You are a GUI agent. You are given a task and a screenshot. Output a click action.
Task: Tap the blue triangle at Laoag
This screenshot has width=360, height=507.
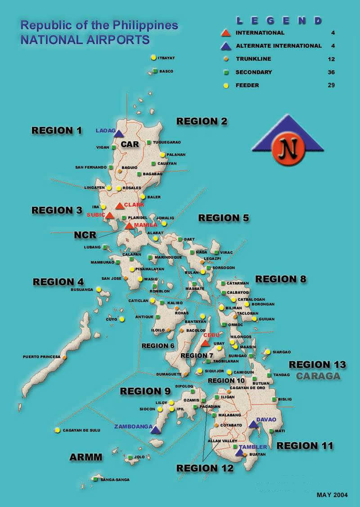point(118,134)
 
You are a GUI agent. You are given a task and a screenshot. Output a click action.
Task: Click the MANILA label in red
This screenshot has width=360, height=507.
point(145,225)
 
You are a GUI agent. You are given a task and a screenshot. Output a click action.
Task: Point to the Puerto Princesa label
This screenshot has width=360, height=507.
point(41,357)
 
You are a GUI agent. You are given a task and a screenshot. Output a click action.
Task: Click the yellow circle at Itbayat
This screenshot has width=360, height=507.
point(153,58)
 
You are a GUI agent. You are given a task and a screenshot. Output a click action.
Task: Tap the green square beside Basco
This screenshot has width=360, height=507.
point(155,71)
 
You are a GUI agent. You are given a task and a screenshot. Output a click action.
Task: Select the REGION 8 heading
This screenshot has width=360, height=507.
point(280,279)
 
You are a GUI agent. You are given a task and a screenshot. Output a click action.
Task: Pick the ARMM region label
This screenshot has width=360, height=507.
point(85,458)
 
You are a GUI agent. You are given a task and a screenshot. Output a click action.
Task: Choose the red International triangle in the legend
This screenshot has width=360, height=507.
point(226,33)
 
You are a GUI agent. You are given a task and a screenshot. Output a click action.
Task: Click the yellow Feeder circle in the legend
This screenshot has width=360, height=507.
point(226,85)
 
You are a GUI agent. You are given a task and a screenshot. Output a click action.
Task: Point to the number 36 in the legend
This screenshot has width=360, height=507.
point(331,72)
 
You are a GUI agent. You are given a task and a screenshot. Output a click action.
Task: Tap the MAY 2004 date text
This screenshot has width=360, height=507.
point(332,495)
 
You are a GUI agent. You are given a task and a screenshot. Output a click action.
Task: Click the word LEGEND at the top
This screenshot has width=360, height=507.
point(279,21)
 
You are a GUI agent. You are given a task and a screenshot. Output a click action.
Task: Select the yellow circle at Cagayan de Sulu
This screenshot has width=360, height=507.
point(58,430)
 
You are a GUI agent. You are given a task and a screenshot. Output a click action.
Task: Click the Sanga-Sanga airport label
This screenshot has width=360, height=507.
point(115,480)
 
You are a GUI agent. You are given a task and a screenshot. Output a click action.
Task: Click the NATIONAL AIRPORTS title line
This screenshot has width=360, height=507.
point(85,40)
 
